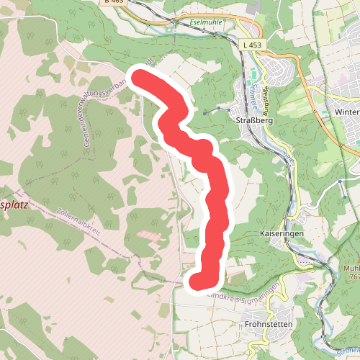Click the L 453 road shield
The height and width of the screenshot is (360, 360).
click(253, 45)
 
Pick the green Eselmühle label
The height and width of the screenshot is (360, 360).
click(206, 22)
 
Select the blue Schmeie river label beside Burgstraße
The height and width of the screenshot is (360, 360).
click(257, 92)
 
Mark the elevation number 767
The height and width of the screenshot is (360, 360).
click(352, 276)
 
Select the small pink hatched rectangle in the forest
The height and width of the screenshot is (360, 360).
click(149, 235)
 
